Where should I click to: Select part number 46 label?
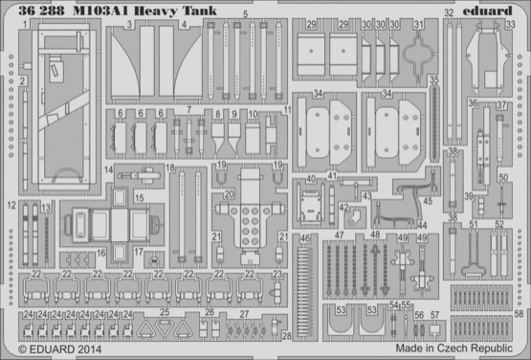pyautogui.click(x=305, y=238)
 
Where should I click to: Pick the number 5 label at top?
pyautogui.click(x=246, y=16)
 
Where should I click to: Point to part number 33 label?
pyautogui.click(x=511, y=26)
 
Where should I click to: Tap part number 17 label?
pyautogui.click(x=140, y=253)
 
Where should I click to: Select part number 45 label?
pyautogui.click(x=428, y=201)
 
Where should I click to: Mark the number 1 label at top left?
pyautogui.click(x=19, y=37)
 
